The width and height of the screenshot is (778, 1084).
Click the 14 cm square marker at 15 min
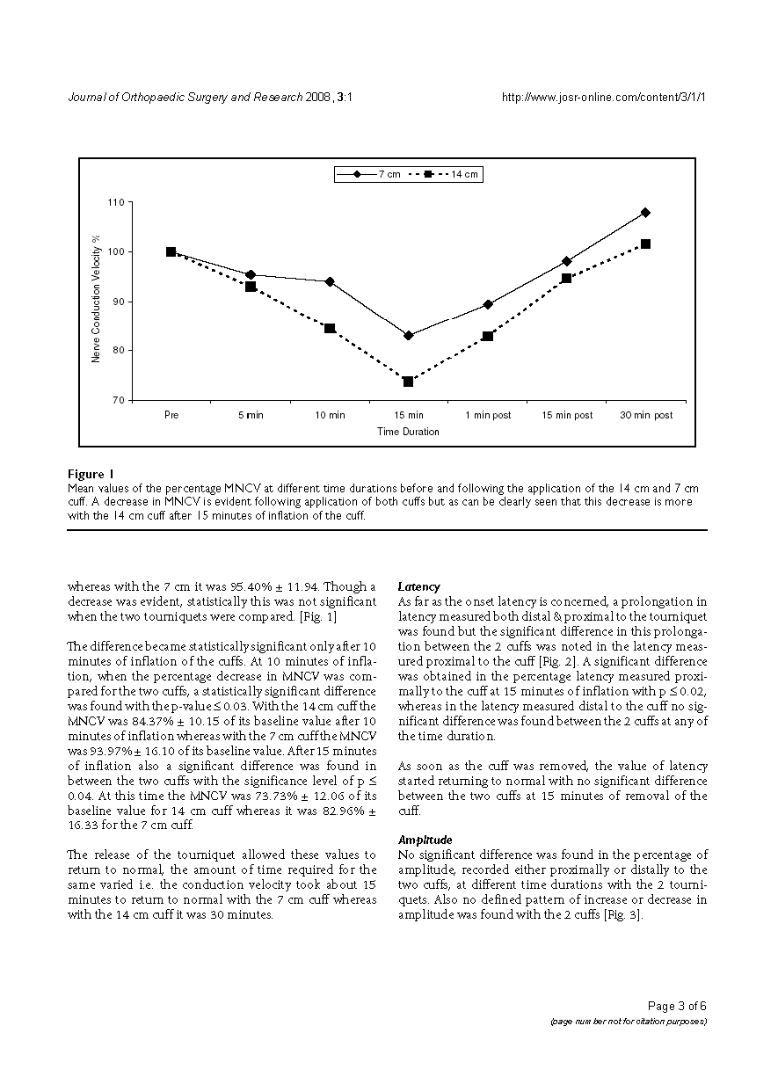[409, 382]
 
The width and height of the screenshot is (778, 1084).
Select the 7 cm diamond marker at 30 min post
[645, 213]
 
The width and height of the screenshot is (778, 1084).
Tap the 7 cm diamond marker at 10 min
[330, 281]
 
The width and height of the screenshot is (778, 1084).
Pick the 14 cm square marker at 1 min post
[487, 336]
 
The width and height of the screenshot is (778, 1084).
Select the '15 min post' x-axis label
[566, 415]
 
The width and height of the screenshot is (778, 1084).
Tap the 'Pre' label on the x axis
[171, 415]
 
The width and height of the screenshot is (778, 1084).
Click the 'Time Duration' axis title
[408, 432]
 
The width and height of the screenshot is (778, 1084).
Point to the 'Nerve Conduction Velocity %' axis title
[97, 299]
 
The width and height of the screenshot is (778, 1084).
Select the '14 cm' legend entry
[452, 174]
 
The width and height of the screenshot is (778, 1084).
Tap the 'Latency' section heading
[419, 586]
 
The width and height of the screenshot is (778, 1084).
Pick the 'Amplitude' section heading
[425, 840]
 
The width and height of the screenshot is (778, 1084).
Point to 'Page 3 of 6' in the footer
[677, 1007]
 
